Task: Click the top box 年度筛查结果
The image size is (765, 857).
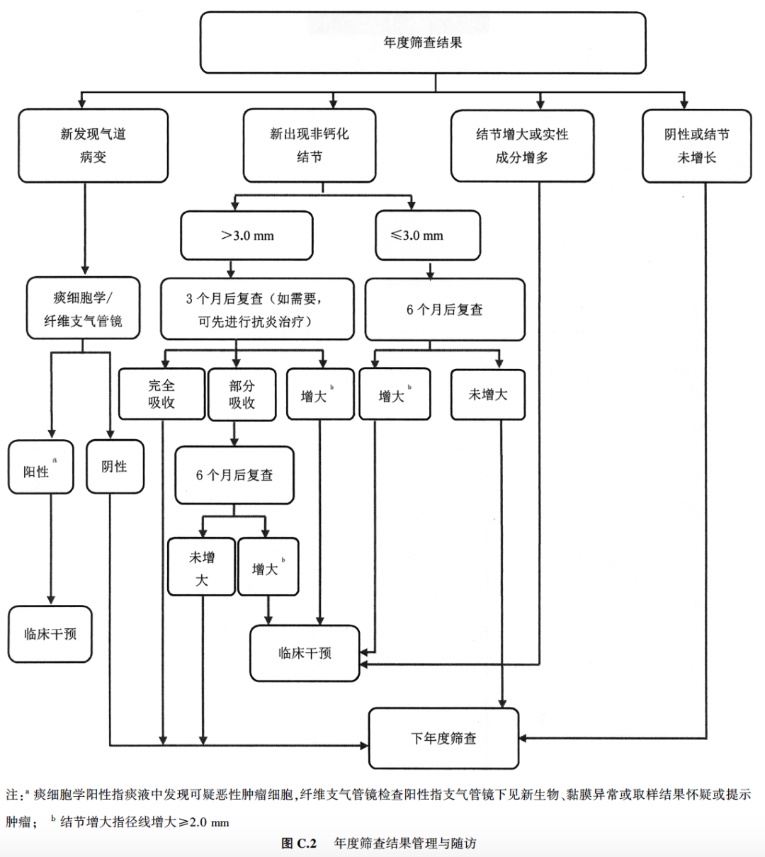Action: pos(423,42)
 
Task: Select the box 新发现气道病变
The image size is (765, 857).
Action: pos(93,145)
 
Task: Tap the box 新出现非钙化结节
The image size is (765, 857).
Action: pos(310,145)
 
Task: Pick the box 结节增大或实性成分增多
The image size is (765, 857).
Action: pos(522,146)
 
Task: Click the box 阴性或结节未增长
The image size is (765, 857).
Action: pos(696,146)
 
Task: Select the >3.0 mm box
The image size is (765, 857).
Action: pos(246,235)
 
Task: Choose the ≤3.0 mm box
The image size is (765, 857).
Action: pos(428,235)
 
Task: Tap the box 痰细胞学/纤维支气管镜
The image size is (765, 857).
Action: pos(83,308)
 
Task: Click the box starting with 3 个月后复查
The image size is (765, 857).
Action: pos(257,309)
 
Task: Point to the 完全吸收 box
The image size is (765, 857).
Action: pos(161,394)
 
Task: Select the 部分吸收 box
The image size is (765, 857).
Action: pos(242,395)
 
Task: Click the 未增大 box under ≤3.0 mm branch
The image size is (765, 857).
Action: pos(488,395)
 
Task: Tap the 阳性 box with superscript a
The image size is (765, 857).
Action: pos(40,467)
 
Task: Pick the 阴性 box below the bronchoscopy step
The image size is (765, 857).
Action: pos(115,467)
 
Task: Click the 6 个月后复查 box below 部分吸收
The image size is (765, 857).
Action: pos(234,475)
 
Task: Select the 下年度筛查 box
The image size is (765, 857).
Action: pos(443,738)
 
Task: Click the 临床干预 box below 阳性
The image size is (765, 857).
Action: pos(50,634)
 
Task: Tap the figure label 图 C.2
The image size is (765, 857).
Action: pos(299,843)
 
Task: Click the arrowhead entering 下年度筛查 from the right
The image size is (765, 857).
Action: pos(523,738)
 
